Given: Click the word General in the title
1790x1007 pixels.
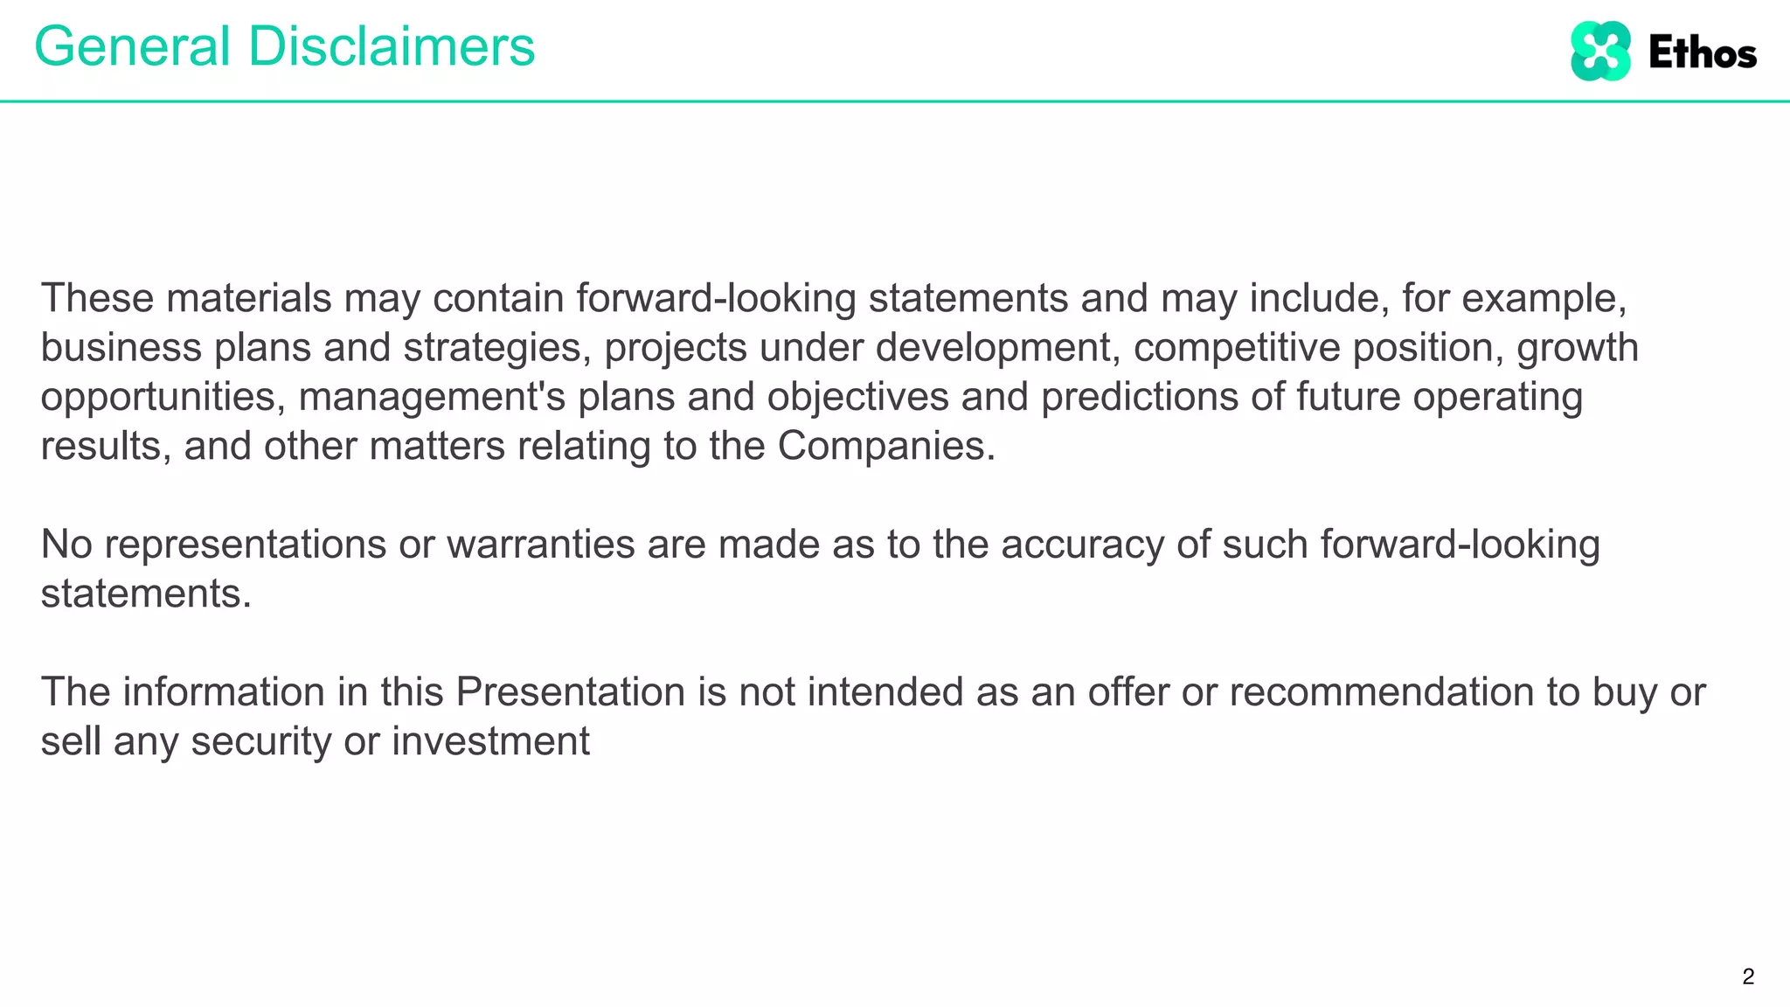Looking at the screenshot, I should (x=132, y=46).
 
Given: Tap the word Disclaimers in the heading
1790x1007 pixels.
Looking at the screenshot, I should (x=392, y=46).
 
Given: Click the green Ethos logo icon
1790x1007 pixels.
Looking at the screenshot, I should (x=1600, y=52).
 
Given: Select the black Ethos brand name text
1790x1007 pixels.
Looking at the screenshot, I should (x=1703, y=53).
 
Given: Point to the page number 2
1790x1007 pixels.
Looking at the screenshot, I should (x=1748, y=976).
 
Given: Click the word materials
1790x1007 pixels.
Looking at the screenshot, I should (x=248, y=299).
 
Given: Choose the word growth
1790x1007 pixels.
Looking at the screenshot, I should (x=1578, y=348).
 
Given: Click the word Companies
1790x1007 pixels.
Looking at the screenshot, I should (x=886, y=447).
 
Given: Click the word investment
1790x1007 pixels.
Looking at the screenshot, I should (x=490, y=742).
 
